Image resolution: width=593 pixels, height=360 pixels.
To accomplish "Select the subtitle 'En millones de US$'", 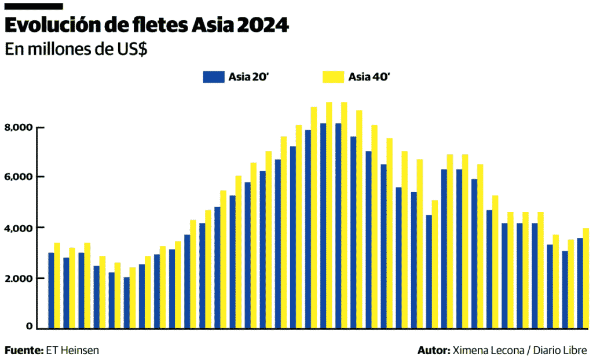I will coord(76,49).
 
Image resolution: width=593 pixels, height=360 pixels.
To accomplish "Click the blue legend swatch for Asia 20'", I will coord(213,77).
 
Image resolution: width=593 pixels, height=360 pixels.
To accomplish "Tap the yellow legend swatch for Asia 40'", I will coord(333,77).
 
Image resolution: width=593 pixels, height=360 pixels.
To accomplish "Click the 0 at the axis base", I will coord(30,326).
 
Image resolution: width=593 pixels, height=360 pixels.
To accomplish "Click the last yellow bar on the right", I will coord(586,278).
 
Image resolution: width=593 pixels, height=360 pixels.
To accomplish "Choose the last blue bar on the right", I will coord(580,283).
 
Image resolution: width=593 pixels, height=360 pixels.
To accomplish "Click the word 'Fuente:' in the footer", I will coord(24,351).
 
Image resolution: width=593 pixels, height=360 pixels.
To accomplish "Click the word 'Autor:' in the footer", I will coord(433,351).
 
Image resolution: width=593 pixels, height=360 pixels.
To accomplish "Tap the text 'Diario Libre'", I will coord(560,351).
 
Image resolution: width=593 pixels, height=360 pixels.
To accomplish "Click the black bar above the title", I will coord(34,6).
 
